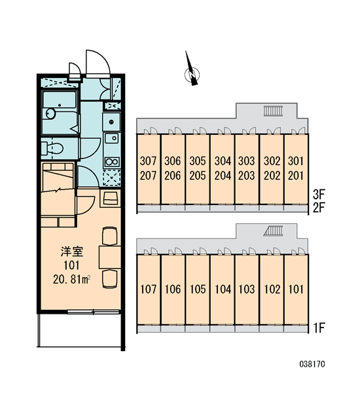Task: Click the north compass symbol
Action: pyautogui.click(x=192, y=74)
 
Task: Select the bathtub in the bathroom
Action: pyautogui.click(x=60, y=100)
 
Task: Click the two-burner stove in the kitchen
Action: pyautogui.click(x=112, y=162)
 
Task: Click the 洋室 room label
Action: pyautogui.click(x=71, y=252)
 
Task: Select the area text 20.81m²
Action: pyautogui.click(x=71, y=280)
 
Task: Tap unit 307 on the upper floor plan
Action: pyautogui.click(x=148, y=161)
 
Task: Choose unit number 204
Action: pyautogui.click(x=223, y=176)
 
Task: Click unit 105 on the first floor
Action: pyautogui.click(x=198, y=290)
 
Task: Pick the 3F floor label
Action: pyautogui.click(x=319, y=194)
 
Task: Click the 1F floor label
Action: pyautogui.click(x=319, y=328)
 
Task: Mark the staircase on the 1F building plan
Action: pyautogui.click(x=273, y=231)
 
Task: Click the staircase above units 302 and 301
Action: pyautogui.click(x=273, y=111)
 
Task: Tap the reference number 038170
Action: pyautogui.click(x=312, y=364)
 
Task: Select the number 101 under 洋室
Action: pyautogui.click(x=71, y=266)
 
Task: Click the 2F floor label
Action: pyautogui.click(x=319, y=208)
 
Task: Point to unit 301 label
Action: pyautogui.click(x=296, y=161)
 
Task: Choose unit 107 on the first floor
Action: pyautogui.click(x=148, y=290)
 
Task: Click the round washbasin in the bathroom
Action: pyautogui.click(x=50, y=114)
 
